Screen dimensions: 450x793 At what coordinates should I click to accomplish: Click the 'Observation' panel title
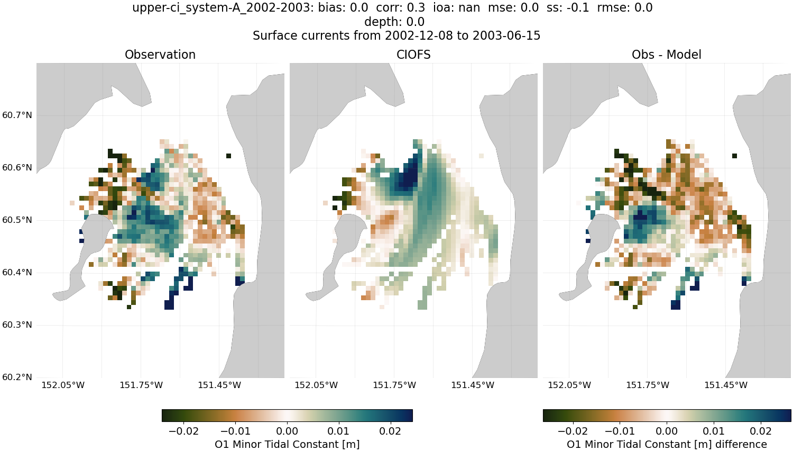pyautogui.click(x=160, y=55)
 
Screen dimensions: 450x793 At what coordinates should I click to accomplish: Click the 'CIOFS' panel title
pyautogui.click(x=413, y=55)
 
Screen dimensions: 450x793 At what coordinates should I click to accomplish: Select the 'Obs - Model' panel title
pyautogui.click(x=666, y=55)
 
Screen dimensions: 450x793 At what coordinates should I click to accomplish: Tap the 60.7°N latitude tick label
pyautogui.click(x=17, y=115)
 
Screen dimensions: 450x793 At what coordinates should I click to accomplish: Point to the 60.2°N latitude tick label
pyautogui.click(x=17, y=377)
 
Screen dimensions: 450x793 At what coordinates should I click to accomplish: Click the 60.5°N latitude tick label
pyautogui.click(x=17, y=220)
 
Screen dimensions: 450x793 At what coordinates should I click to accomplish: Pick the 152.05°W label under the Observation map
pyautogui.click(x=63, y=385)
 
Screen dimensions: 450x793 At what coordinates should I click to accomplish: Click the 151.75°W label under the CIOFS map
pyautogui.click(x=394, y=385)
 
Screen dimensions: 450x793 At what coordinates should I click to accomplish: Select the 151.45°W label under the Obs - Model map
pyautogui.click(x=726, y=385)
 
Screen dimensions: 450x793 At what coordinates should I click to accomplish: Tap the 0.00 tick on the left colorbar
pyautogui.click(x=287, y=431)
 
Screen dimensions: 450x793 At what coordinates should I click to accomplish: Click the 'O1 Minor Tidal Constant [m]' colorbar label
pyautogui.click(x=287, y=444)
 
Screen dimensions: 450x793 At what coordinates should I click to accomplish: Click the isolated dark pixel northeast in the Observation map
pyautogui.click(x=228, y=156)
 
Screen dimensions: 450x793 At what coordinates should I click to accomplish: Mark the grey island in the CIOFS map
pyautogui.click(x=349, y=233)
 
